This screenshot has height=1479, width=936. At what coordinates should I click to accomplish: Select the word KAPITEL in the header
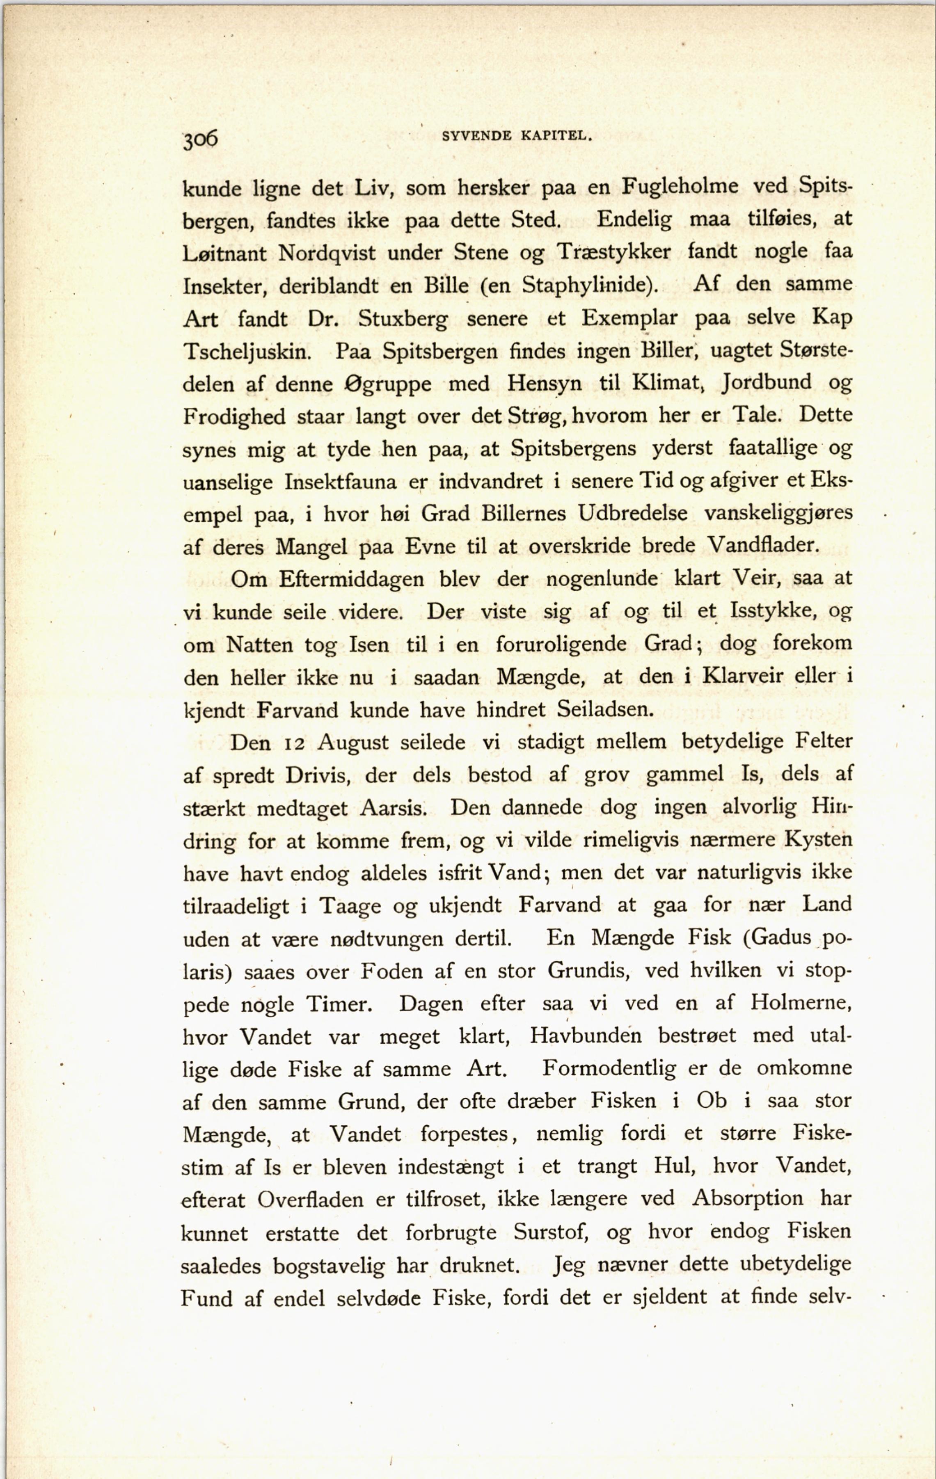[556, 136]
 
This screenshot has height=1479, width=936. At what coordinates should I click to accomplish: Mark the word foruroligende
[561, 644]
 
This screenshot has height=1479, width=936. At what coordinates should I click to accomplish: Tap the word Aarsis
[394, 808]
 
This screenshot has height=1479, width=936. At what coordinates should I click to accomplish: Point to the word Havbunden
[586, 1036]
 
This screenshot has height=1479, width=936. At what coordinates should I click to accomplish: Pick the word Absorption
[748, 1198]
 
